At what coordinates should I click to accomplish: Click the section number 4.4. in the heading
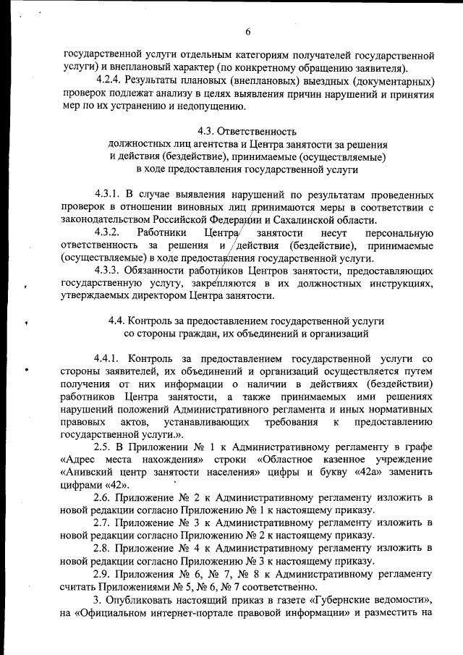click(x=116, y=321)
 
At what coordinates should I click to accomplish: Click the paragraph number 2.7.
click(x=104, y=523)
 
